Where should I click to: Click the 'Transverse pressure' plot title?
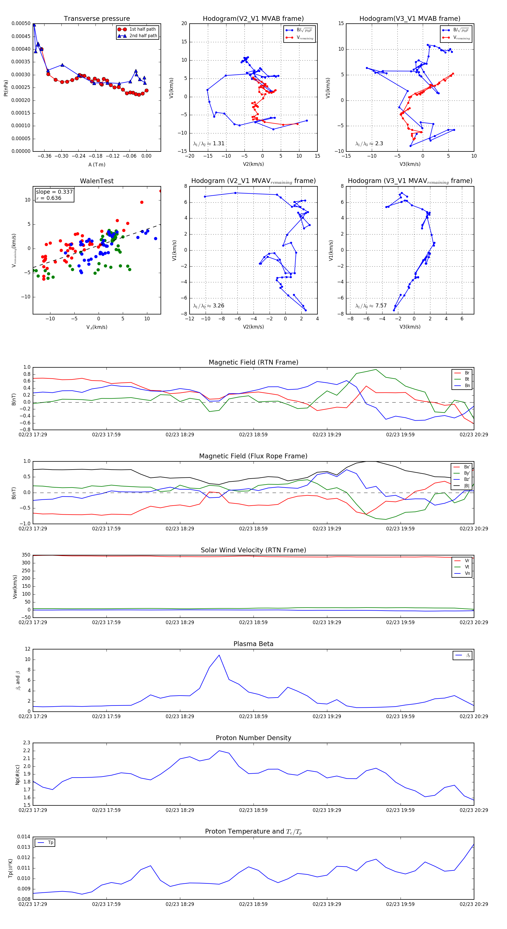[x=97, y=19]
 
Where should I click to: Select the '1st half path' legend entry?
[x=142, y=29]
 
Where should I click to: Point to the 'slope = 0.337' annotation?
[x=54, y=192]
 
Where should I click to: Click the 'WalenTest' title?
[x=97, y=181]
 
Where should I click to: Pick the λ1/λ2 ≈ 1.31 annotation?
[x=209, y=144]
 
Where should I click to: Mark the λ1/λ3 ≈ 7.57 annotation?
[x=371, y=306]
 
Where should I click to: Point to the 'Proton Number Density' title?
[x=253, y=738]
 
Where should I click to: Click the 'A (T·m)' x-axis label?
[x=97, y=164]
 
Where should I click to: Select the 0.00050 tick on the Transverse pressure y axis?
[x=21, y=23]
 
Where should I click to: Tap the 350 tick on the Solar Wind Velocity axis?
[x=26, y=555]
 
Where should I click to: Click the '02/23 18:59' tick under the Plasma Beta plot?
[x=253, y=716]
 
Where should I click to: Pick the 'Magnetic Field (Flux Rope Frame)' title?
[x=253, y=456]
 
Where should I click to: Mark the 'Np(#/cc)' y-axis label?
[x=17, y=775]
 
